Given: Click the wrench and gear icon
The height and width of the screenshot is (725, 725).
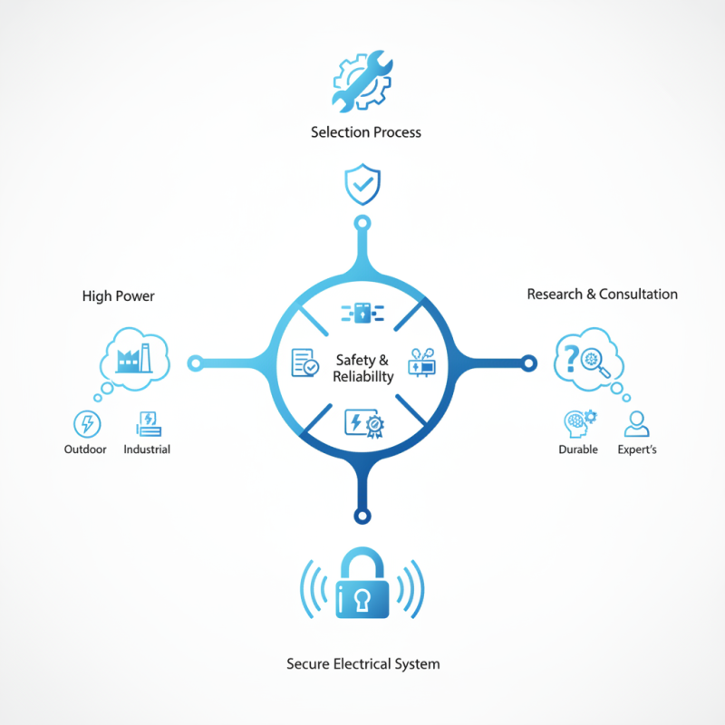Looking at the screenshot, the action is coord(362,81).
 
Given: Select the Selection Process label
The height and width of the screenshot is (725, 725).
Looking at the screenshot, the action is coord(366,132).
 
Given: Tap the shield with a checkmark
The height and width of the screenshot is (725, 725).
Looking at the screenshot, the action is coord(362,184).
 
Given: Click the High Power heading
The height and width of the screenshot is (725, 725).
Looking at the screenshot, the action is coord(119,296).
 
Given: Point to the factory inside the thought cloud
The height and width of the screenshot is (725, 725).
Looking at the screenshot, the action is coord(134,358).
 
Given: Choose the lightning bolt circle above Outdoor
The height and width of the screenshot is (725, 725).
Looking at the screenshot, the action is coord(87,423).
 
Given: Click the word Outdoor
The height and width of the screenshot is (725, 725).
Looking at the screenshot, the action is coord(85,449).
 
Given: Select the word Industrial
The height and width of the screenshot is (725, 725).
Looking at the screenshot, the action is coord(147,449).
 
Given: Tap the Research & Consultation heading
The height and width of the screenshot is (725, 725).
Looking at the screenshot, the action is coord(602,294).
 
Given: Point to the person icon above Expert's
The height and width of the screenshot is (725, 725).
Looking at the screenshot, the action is coord(637,423).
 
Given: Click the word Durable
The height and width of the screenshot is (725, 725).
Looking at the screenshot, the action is coord(578,449).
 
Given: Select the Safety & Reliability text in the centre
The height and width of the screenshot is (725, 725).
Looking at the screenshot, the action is coord(363,368).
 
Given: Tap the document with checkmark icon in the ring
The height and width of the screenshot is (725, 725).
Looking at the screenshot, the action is coord(304,362).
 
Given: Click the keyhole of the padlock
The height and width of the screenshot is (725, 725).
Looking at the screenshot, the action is coord(362,600).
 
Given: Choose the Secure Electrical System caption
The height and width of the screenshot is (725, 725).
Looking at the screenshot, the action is coord(363,664).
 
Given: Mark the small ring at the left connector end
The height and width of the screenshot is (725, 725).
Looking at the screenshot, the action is coord(196,363).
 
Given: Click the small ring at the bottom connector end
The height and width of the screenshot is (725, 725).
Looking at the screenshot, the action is coord(362,516).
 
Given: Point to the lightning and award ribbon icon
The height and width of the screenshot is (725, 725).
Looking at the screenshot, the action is coord(364,423).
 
